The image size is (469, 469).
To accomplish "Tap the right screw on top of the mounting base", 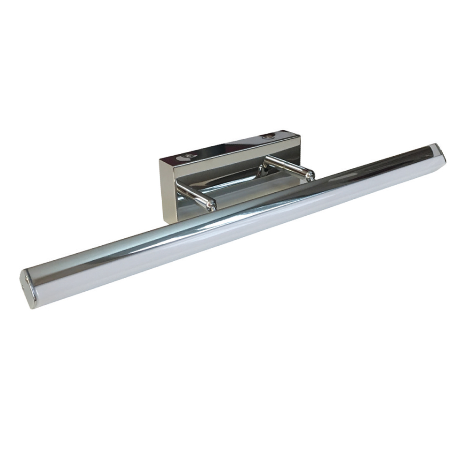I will (x=268, y=136).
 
